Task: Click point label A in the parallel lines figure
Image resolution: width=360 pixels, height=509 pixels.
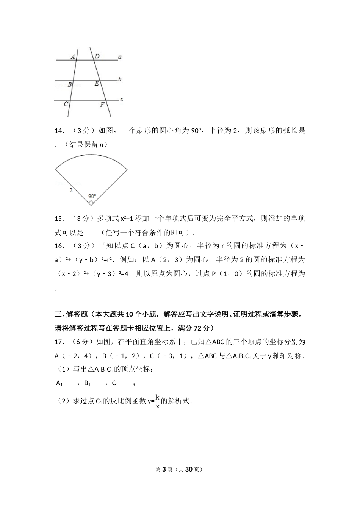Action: tap(73, 57)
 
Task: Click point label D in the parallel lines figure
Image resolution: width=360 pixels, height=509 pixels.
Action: tap(97, 56)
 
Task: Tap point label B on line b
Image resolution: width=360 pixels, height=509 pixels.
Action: tap(70, 85)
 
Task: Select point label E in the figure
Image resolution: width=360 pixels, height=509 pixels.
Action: tap(97, 84)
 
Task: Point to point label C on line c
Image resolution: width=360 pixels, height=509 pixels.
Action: tap(66, 104)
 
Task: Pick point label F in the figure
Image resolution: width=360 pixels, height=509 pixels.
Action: tap(102, 104)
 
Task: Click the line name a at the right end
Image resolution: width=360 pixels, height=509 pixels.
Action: tap(120, 57)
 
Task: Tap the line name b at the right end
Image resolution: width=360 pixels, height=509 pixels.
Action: tap(120, 79)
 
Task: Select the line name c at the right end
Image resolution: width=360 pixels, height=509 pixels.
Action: tap(121, 100)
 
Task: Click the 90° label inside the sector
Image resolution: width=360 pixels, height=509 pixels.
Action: tap(92, 196)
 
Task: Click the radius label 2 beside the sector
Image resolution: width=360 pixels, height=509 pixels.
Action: tap(71, 190)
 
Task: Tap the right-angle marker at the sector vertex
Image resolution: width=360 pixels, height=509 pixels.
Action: tap(91, 203)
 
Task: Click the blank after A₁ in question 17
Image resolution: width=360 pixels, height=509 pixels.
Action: tap(70, 384)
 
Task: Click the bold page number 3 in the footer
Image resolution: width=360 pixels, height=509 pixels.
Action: tap(164, 469)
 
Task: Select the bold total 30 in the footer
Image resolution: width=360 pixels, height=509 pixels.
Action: tap(189, 469)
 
